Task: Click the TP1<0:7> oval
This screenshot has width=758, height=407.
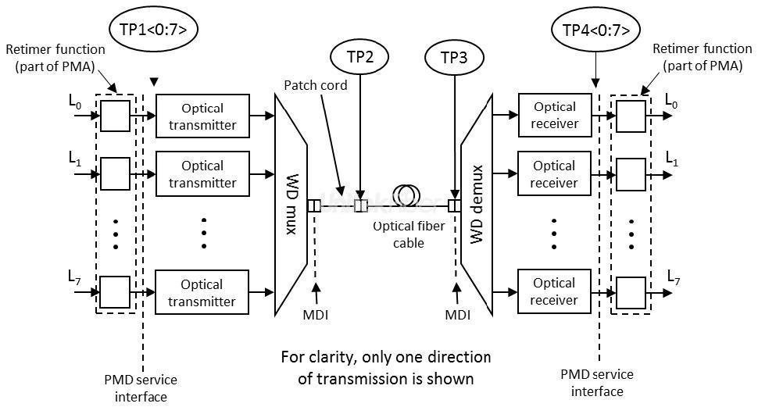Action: click(x=154, y=30)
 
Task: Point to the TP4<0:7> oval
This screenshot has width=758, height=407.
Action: click(x=596, y=30)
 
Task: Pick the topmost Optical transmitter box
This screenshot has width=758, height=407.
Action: click(x=202, y=116)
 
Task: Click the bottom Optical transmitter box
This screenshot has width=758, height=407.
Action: click(x=202, y=293)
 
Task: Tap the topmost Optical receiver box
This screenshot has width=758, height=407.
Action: click(x=554, y=115)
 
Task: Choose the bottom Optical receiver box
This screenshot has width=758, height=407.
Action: click(x=554, y=291)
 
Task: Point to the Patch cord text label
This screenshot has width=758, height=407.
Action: click(x=316, y=84)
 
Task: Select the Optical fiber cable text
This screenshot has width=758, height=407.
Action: click(x=409, y=234)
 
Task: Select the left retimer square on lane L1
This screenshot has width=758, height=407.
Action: click(x=115, y=173)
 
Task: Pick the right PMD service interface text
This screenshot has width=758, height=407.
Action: click(x=598, y=383)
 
